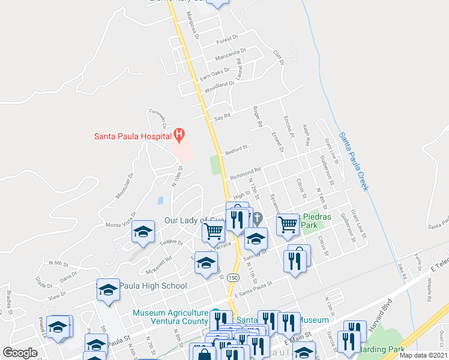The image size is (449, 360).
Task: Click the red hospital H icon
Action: pyautogui.click(x=178, y=134)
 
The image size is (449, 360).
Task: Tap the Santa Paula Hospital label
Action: pyautogui.click(x=132, y=136)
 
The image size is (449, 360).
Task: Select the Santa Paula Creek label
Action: pyautogui.click(x=353, y=161)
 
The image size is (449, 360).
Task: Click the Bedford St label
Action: pyautogui.click(x=236, y=149)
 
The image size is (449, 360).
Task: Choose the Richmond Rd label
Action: pyautogui.click(x=245, y=173)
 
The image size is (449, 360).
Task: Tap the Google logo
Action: pyautogui.click(x=20, y=353)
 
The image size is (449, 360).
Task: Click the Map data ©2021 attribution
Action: pyautogui.click(x=423, y=355)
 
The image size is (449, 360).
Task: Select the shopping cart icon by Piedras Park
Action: pyautogui.click(x=288, y=225)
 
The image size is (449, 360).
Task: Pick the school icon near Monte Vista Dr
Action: pyautogui.click(x=143, y=232)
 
